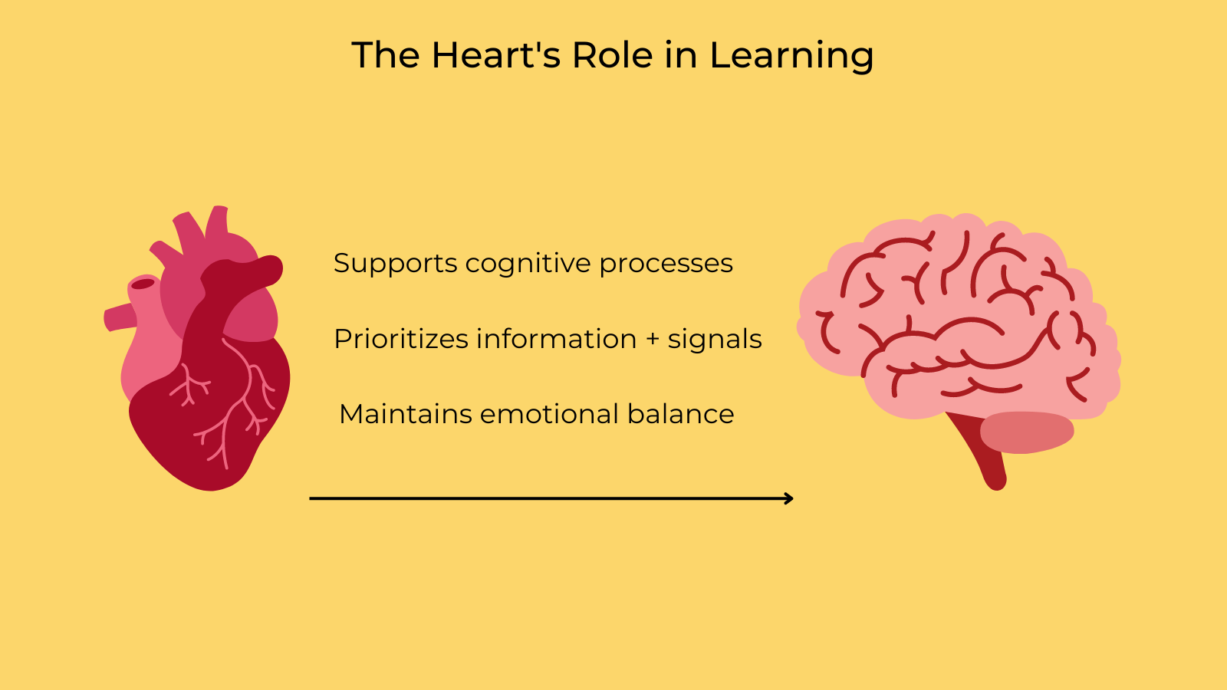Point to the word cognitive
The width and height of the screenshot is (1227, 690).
point(528,264)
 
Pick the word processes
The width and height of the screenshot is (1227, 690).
point(666,264)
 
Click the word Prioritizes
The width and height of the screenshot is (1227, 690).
point(400,339)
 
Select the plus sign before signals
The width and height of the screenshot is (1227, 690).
point(652,340)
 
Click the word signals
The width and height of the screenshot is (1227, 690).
point(714,339)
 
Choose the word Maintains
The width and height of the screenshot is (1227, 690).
point(405,414)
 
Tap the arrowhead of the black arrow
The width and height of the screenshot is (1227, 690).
point(789,498)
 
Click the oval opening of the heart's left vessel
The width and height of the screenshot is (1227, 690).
point(143,284)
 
